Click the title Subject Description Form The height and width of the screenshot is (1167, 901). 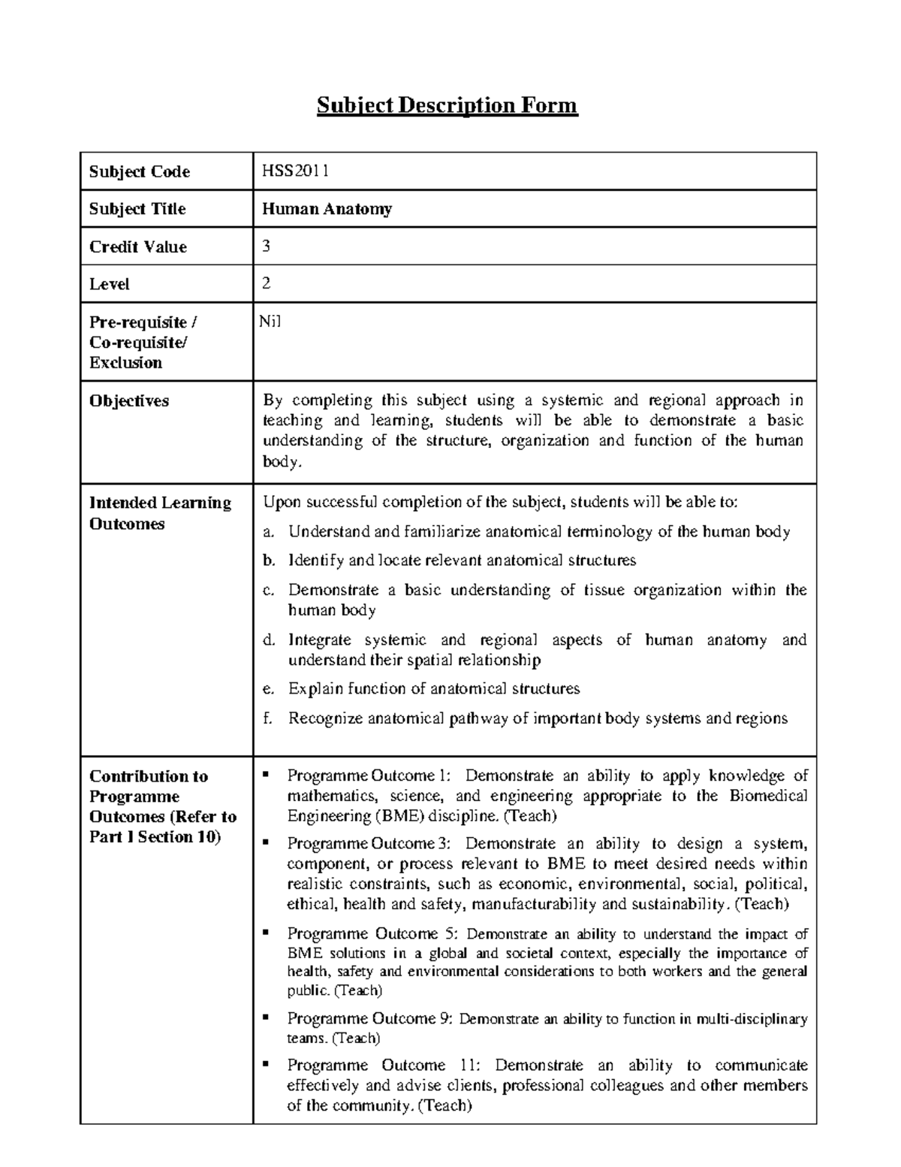pyautogui.click(x=447, y=105)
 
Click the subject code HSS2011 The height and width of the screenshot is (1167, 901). pyautogui.click(x=295, y=171)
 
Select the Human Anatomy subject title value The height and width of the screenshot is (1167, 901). pyautogui.click(x=326, y=209)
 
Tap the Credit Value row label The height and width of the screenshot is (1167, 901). pyautogui.click(x=137, y=246)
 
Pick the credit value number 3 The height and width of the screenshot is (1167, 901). pyautogui.click(x=266, y=246)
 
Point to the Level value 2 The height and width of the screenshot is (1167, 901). pyautogui.click(x=266, y=283)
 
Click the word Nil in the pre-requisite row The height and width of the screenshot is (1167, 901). pyautogui.click(x=270, y=322)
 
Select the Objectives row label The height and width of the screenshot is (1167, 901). pyautogui.click(x=128, y=401)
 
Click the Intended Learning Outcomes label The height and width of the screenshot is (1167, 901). pyautogui.click(x=160, y=512)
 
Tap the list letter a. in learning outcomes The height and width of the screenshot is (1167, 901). pyautogui.click(x=267, y=533)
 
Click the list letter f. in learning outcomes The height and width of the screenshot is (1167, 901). pyautogui.click(x=266, y=718)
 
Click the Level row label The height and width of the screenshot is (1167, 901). pyautogui.click(x=109, y=284)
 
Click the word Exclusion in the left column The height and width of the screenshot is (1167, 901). pyautogui.click(x=125, y=362)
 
